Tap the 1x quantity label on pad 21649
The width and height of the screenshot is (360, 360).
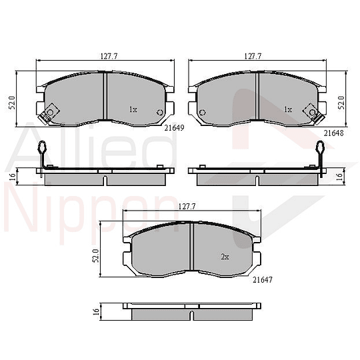[133, 109]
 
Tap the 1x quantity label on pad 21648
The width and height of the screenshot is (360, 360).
[288, 109]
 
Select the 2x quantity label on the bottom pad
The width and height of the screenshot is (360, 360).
[225, 257]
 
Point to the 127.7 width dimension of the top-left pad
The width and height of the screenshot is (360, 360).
[101, 57]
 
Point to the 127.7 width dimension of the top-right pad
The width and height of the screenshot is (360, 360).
[253, 57]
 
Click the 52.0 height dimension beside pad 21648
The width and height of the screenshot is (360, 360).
[342, 102]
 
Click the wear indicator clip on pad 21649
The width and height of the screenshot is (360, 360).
[47, 114]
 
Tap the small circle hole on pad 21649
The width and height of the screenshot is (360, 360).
[159, 111]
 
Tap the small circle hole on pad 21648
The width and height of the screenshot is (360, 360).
[203, 112]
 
